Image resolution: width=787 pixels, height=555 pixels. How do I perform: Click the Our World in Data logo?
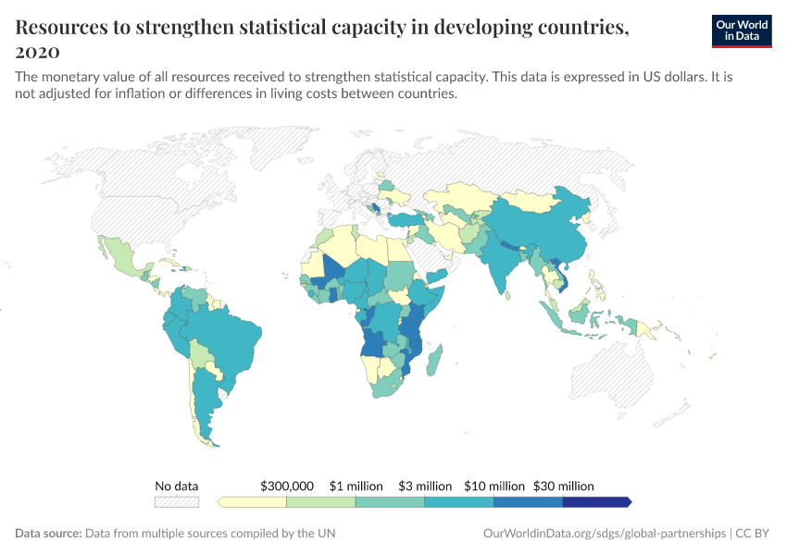741,31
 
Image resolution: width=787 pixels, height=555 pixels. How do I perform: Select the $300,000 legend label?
287,486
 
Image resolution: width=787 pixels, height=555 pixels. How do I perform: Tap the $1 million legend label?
356,486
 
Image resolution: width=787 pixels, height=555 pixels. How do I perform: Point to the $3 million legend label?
425,486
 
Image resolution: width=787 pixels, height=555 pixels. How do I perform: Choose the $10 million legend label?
493,486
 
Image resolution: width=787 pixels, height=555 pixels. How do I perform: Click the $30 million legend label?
563,486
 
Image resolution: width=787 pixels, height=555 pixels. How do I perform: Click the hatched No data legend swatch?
177,502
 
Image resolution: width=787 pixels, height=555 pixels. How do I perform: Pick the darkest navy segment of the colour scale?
595,502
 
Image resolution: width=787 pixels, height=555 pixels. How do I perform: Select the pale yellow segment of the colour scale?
253,502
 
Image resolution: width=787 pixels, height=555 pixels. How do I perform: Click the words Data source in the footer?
48,534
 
